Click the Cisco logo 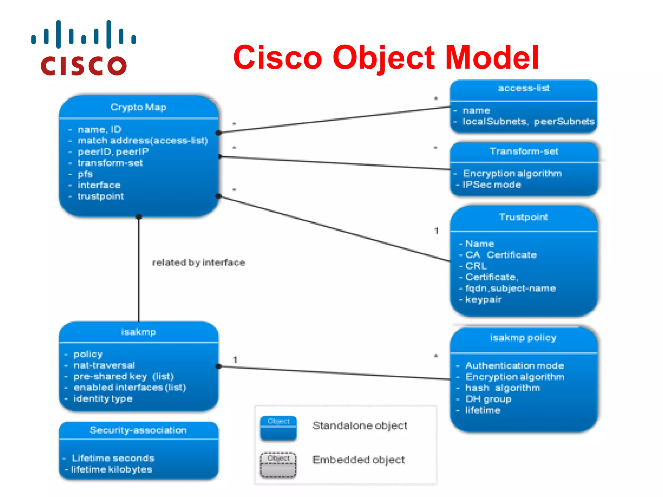tap(84, 48)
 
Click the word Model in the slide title tap(492, 58)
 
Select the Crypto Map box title tap(138, 107)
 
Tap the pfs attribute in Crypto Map tap(85, 174)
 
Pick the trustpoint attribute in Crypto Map tap(100, 196)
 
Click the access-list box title tap(523, 88)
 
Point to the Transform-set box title tap(524, 151)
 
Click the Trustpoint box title tap(523, 217)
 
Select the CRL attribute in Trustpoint tap(476, 266)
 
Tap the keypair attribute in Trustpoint tap(483, 300)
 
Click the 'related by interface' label tap(198, 262)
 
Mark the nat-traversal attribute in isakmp tap(104, 365)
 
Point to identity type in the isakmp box tap(103, 399)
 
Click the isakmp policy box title tap(523, 338)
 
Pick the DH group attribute tap(488, 399)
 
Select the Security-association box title tap(138, 430)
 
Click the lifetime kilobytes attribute tap(111, 469)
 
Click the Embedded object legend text tap(358, 460)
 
